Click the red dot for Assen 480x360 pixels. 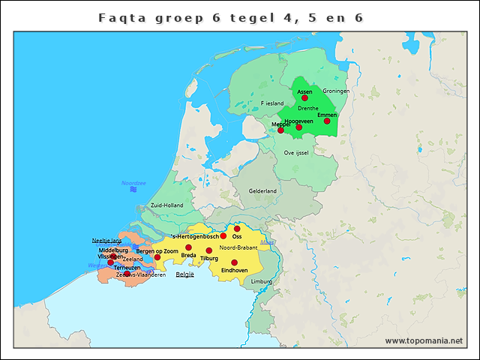pyautogui.click(x=304, y=97)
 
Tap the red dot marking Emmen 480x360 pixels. pyautogui.click(x=327, y=121)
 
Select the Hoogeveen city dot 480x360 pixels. pyautogui.click(x=298, y=127)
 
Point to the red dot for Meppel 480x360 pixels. pyautogui.click(x=280, y=130)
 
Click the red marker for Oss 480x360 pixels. pyautogui.click(x=237, y=229)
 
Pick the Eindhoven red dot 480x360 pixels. pyautogui.click(x=234, y=262)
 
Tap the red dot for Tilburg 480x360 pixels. pyautogui.click(x=208, y=250)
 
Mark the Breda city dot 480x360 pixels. pyautogui.click(x=188, y=247)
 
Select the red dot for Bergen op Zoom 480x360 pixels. pyautogui.click(x=157, y=257)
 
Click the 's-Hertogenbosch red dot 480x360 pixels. pyautogui.click(x=223, y=235)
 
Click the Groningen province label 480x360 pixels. pyautogui.click(x=336, y=91)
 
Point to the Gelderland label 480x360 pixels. pyautogui.click(x=262, y=190)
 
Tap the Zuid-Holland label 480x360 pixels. pyautogui.click(x=166, y=205)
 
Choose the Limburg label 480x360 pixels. pyautogui.click(x=262, y=281)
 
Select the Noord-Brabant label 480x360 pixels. pyautogui.click(x=239, y=247)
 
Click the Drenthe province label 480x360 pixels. pyautogui.click(x=308, y=108)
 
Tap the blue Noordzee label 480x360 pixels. pyautogui.click(x=133, y=182)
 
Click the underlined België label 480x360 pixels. pyautogui.click(x=184, y=274)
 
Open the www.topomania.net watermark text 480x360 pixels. pyautogui.click(x=424, y=340)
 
